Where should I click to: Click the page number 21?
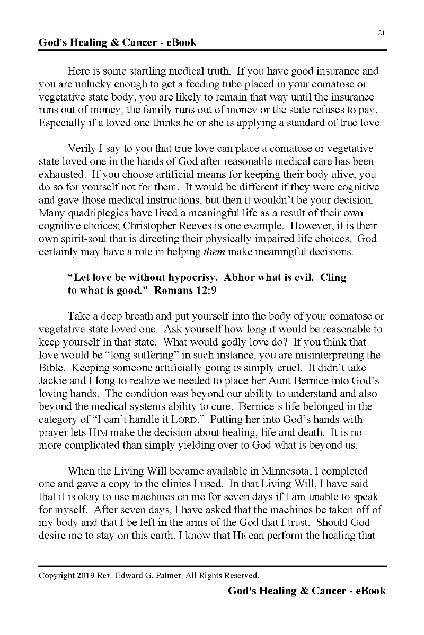pos(381,33)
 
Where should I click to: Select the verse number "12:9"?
pos(204,291)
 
